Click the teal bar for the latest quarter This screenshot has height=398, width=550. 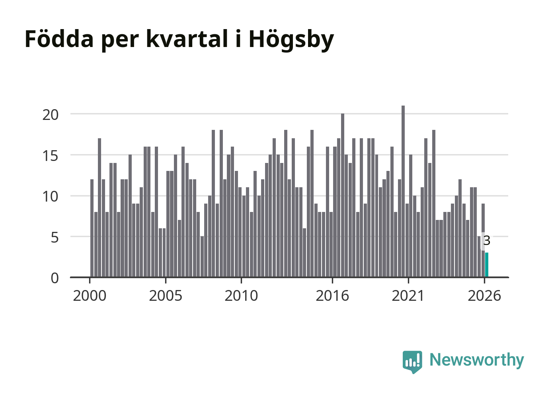pos(487,265)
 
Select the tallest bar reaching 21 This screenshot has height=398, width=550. pos(403,192)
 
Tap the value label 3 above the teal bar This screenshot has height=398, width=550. pos(487,241)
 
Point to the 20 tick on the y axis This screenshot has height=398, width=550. pos(51,115)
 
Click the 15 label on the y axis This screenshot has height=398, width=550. pos(51,156)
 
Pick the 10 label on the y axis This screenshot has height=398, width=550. pos(51,197)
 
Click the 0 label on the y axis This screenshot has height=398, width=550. pos(55,278)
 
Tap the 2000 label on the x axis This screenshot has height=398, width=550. pos(90,296)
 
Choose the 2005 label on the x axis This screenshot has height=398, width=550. pos(166,296)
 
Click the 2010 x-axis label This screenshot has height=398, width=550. pos(241,296)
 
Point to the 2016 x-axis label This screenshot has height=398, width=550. pos(332,296)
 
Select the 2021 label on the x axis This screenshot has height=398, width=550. pos(408,296)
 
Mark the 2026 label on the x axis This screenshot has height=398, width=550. pos(484,296)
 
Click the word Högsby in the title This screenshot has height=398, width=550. pos(291,39)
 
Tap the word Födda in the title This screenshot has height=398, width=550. pos(59,38)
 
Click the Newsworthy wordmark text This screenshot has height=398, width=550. pos(477,361)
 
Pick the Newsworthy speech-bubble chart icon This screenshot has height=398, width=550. pos(412,362)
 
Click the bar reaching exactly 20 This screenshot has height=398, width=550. pos(343,196)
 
